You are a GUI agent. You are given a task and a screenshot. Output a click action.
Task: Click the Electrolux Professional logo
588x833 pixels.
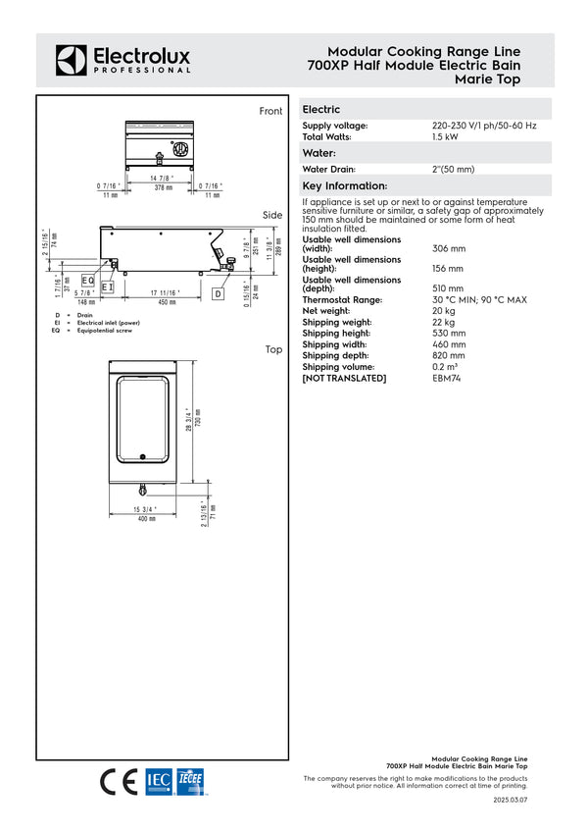[122, 60]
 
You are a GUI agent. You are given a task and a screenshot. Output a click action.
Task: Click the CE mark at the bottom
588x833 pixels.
[120, 782]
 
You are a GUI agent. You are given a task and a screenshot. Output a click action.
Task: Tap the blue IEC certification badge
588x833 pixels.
[158, 782]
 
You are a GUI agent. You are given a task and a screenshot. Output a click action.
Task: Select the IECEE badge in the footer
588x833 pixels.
[191, 782]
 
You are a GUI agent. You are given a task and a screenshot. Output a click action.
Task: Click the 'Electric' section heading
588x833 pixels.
[321, 110]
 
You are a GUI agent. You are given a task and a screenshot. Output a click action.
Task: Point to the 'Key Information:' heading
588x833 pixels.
[345, 185]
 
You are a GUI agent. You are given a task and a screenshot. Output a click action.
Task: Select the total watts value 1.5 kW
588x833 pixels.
[446, 137]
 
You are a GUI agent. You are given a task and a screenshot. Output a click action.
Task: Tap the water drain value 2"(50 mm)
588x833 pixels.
[454, 170]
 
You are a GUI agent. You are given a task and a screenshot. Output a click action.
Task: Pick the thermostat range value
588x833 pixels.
[479, 300]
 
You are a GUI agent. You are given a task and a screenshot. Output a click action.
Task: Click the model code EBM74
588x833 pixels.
[446, 378]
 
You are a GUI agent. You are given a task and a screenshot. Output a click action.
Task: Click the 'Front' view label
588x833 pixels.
[270, 112]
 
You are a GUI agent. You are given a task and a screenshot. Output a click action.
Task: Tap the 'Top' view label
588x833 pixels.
[273, 349]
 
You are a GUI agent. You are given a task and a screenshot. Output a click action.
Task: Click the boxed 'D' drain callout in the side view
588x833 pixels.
[218, 293]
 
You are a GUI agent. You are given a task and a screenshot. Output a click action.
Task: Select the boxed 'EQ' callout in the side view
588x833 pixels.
[87, 282]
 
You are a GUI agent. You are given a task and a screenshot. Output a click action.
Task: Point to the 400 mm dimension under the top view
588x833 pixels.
[146, 518]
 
